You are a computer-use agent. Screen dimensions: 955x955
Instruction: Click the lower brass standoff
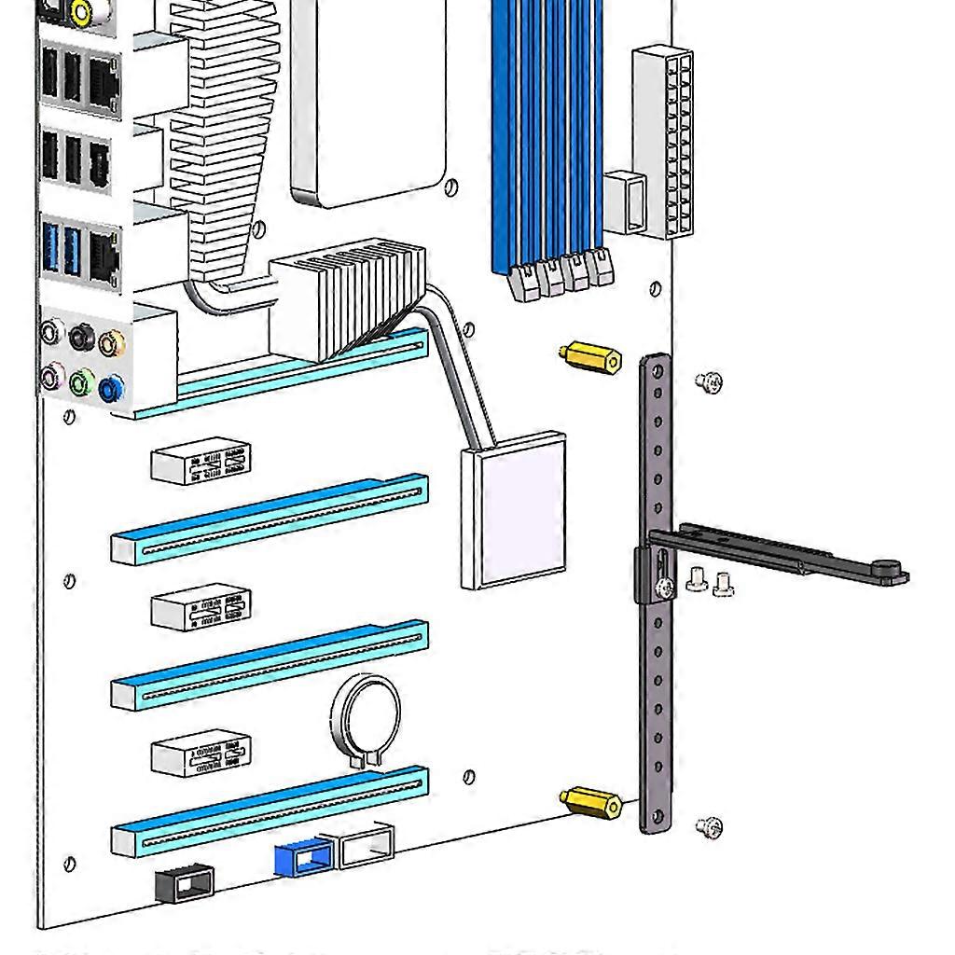[591, 802]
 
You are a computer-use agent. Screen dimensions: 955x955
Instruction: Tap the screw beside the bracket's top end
[709, 381]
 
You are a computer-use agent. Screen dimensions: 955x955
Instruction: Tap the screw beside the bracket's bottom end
[709, 826]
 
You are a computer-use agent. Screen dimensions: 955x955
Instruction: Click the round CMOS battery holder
[365, 718]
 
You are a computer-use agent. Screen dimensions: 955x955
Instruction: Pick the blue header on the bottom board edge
[304, 856]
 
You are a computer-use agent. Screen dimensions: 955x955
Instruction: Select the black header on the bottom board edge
[184, 882]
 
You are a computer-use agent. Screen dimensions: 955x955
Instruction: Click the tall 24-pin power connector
[664, 142]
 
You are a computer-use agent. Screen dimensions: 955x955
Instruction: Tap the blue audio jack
[111, 387]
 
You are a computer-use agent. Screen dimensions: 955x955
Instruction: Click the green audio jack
[82, 381]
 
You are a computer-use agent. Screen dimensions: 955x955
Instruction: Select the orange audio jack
[112, 344]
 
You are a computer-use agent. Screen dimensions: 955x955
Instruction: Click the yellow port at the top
[81, 12]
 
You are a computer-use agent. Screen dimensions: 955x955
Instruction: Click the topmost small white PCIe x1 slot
[201, 462]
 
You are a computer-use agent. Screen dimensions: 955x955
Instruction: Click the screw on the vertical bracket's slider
[664, 588]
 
